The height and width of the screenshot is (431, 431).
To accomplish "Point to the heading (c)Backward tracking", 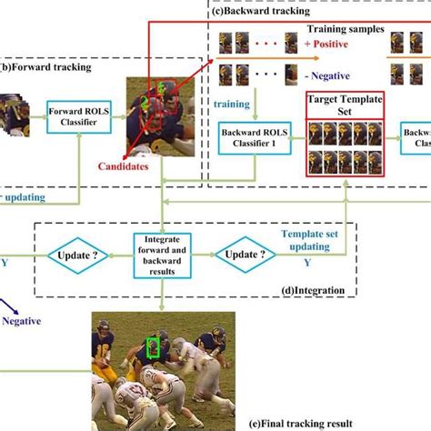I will coord(262,12).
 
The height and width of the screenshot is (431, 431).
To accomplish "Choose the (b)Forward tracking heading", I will coord(42,66).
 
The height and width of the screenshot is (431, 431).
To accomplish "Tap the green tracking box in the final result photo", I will coord(153,347).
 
